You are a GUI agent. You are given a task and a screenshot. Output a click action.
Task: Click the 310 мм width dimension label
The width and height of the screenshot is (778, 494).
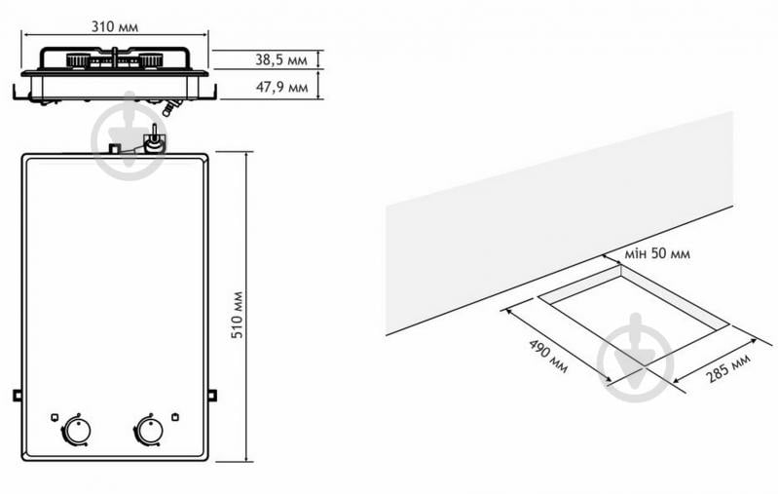coord(115,26)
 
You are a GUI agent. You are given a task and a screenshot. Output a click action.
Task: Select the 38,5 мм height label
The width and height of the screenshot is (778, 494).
coord(281,60)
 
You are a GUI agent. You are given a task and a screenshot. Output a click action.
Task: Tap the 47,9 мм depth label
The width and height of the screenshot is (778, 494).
coord(281,88)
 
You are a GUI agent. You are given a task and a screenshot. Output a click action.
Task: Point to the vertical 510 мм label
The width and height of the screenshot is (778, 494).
coord(238,315)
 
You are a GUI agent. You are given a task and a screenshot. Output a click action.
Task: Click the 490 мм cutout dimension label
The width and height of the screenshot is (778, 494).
coord(549,356)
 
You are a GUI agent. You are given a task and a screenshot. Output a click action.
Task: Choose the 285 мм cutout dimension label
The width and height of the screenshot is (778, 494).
coord(728,368)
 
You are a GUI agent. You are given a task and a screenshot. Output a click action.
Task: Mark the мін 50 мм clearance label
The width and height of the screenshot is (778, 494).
coord(657,253)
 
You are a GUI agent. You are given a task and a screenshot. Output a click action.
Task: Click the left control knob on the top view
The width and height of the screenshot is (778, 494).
coord(76,430)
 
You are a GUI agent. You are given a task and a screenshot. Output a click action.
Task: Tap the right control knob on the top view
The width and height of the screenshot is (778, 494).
coord(149,430)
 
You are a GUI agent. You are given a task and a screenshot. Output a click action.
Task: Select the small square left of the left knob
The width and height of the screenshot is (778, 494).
coord(55,417)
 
